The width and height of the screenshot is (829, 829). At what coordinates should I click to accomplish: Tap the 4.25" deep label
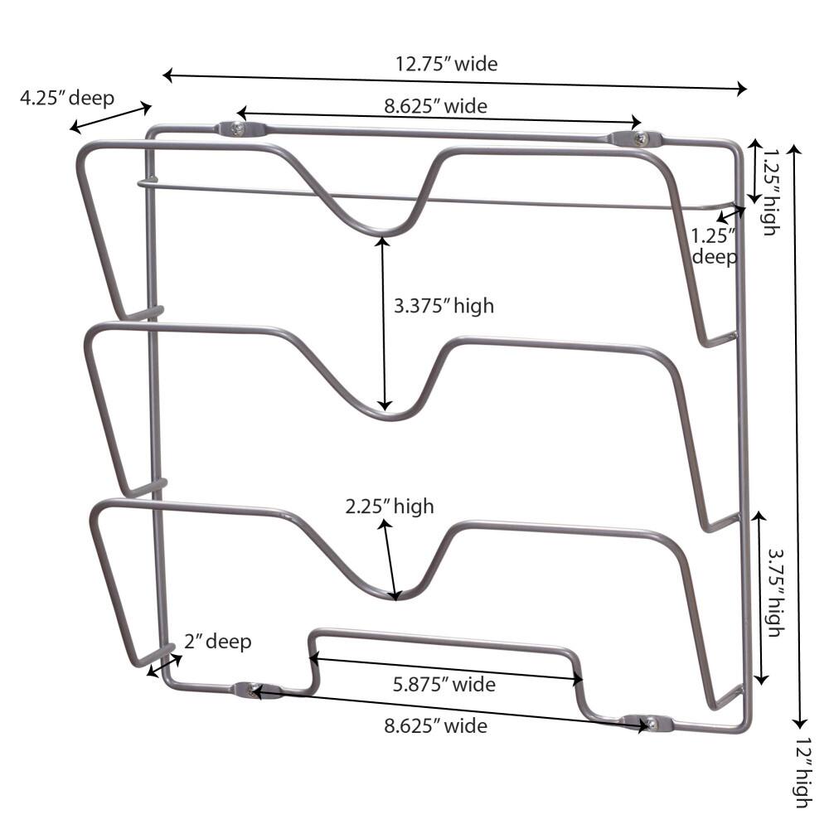tap(68, 97)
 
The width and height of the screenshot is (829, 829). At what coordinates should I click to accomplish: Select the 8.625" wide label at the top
tap(435, 105)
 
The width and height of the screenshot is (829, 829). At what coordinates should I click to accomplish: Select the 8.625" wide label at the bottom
tap(435, 726)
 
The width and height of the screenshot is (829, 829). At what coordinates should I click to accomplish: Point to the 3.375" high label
tap(444, 306)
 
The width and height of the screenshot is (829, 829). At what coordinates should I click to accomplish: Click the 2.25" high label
tap(390, 506)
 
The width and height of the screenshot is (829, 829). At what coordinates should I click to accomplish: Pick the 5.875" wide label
tap(444, 685)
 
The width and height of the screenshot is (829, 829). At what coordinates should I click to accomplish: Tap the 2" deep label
tap(217, 641)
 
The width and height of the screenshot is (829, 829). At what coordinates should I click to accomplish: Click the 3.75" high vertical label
tap(773, 592)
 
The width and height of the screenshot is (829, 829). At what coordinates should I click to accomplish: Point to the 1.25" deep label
tap(714, 246)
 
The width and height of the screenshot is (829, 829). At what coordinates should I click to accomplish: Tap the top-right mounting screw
tap(639, 139)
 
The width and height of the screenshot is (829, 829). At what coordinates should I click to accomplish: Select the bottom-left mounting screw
tap(253, 691)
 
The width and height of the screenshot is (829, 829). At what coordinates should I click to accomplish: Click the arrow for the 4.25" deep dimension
tap(111, 116)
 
